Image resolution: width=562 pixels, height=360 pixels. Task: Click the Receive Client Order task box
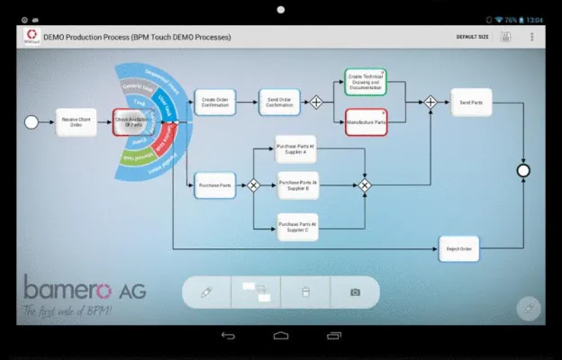point(77,121)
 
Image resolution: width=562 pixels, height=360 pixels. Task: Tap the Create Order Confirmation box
point(215,102)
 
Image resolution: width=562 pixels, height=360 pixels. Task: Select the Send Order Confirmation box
point(279,102)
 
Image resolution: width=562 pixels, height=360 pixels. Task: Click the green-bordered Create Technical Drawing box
point(366,81)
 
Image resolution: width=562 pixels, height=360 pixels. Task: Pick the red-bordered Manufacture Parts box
point(366,121)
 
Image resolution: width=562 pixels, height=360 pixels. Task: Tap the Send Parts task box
point(471,103)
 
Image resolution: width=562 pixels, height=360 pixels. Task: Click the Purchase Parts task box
point(214,185)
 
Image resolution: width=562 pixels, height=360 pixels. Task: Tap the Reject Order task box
point(458,248)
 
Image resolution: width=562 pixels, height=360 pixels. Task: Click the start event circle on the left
point(32,121)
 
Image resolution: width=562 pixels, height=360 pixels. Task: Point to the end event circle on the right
point(523,170)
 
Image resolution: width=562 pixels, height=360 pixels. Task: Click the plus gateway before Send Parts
point(431,103)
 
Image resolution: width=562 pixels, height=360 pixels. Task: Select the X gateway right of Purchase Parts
point(253,185)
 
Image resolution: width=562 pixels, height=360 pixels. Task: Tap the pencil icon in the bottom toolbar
point(206,292)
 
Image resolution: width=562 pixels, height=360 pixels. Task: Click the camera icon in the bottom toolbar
point(355,292)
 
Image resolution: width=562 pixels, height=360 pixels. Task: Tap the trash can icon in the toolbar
point(305,292)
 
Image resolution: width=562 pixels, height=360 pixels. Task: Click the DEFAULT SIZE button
point(472,37)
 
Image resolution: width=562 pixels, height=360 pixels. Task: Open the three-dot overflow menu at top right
point(531,37)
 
